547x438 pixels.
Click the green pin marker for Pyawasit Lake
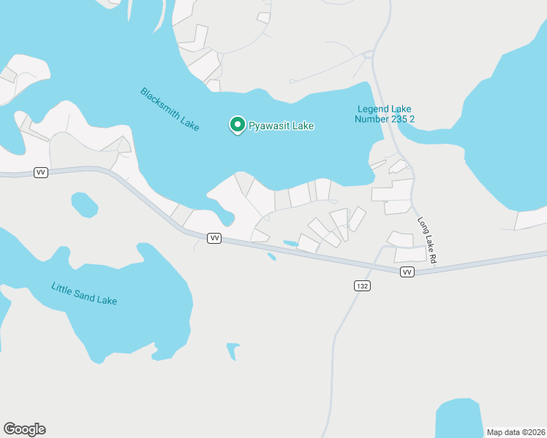coord(238,125)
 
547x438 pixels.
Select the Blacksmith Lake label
coord(170,109)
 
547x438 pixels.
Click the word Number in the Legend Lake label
coord(372,119)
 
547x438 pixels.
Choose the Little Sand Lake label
coord(84,293)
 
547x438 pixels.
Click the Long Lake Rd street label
coord(427,240)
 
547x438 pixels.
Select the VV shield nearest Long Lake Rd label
coord(407,272)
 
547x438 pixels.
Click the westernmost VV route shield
coord(40,172)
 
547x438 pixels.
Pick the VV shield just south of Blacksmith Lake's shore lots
coord(214,239)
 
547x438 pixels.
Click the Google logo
coord(24,429)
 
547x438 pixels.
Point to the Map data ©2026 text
coord(515,431)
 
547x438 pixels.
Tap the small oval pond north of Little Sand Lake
coord(84,204)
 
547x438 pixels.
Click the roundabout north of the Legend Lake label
coord(367,53)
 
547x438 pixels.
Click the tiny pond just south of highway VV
coord(272,256)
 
